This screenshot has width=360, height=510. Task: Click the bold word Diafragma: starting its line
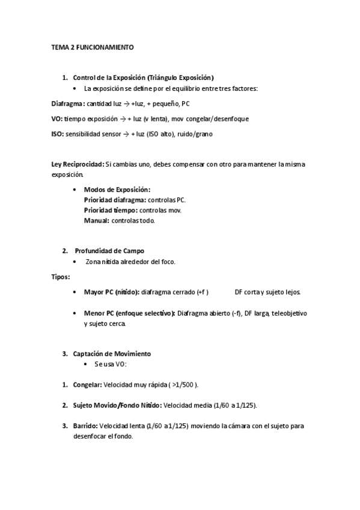[x=68, y=103]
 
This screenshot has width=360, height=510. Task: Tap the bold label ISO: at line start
[x=58, y=134]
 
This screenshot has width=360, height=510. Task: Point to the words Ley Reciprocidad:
[x=78, y=164]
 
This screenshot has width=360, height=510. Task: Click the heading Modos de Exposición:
[x=117, y=189]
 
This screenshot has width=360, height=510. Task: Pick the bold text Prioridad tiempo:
[x=111, y=210]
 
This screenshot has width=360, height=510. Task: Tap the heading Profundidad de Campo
[x=109, y=250]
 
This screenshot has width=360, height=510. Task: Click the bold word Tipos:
[x=60, y=277]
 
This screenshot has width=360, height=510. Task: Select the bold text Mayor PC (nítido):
[x=111, y=292]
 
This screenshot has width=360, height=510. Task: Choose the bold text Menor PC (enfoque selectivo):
[x=129, y=313]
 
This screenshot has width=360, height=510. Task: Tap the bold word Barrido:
[x=85, y=426]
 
